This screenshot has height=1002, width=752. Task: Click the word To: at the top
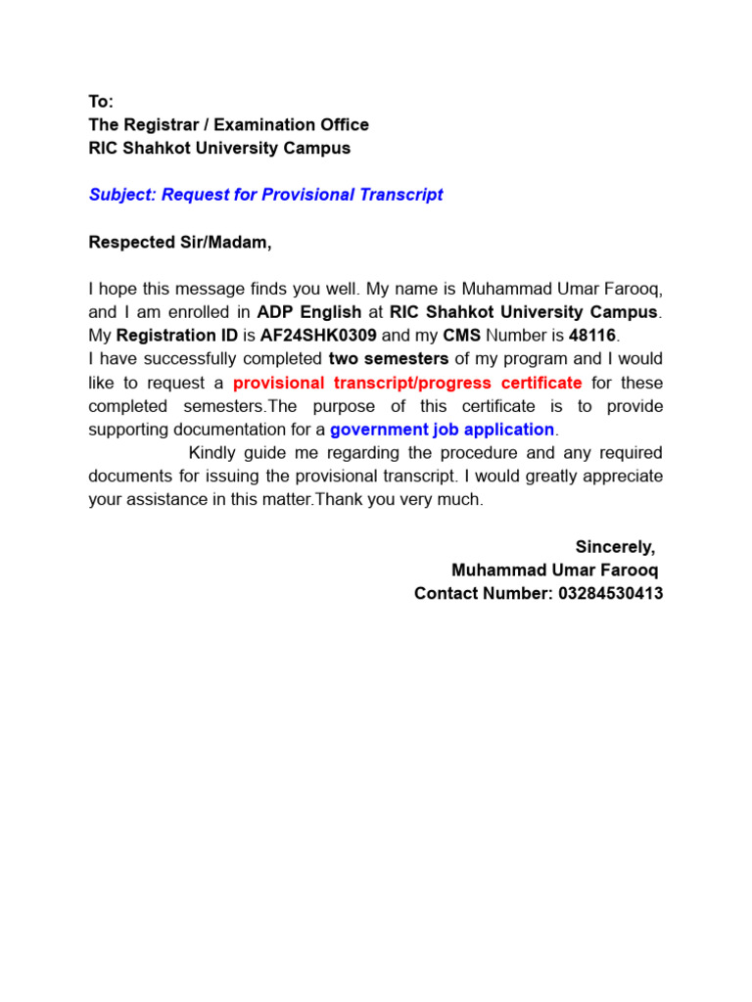[x=101, y=102]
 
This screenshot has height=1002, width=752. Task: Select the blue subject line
[x=265, y=195]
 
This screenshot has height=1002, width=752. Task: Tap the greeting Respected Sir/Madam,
[x=180, y=242]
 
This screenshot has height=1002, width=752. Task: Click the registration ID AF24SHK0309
[x=318, y=336]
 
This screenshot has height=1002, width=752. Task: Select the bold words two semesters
[x=389, y=359]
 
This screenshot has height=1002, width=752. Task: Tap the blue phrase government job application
[x=443, y=430]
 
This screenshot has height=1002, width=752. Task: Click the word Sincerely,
[x=615, y=547]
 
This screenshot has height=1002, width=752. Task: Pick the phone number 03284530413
[x=609, y=594]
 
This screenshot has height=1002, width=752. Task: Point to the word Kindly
[x=213, y=453]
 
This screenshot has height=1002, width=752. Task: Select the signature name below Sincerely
[x=554, y=570]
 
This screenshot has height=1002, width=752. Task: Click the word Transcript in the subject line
[x=401, y=195]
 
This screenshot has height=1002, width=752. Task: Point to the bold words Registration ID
[x=177, y=336]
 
